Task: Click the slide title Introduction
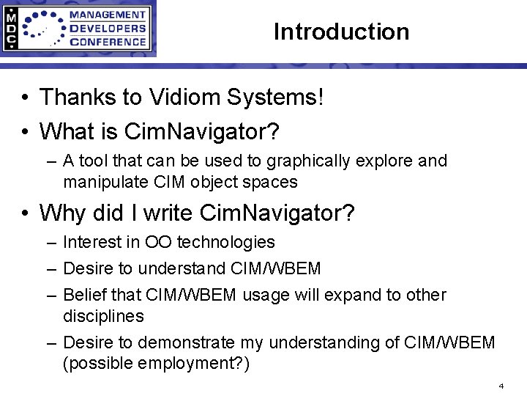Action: pyautogui.click(x=341, y=32)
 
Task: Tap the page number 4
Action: pyautogui.click(x=501, y=384)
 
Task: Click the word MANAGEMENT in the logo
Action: pyautogui.click(x=108, y=15)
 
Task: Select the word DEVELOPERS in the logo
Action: pyautogui.click(x=107, y=28)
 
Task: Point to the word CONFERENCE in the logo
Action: pyautogui.click(x=108, y=41)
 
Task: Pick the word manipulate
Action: pyautogui.click(x=101, y=181)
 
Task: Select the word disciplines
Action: pyautogui.click(x=103, y=316)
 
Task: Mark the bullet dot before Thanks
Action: pyautogui.click(x=25, y=97)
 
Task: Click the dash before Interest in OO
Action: pyautogui.click(x=49, y=242)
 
